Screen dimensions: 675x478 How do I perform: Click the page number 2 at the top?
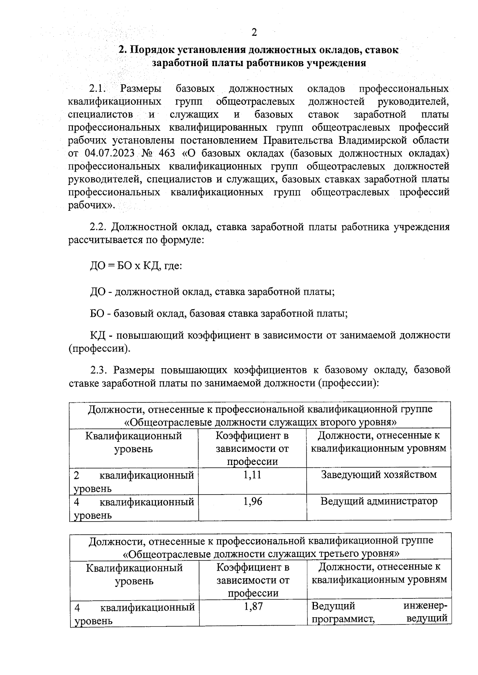coord(254,32)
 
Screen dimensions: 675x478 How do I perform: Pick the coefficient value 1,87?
coord(253,607)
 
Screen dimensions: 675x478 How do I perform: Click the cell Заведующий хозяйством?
coord(379,475)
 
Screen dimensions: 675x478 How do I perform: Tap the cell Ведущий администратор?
coord(379,501)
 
